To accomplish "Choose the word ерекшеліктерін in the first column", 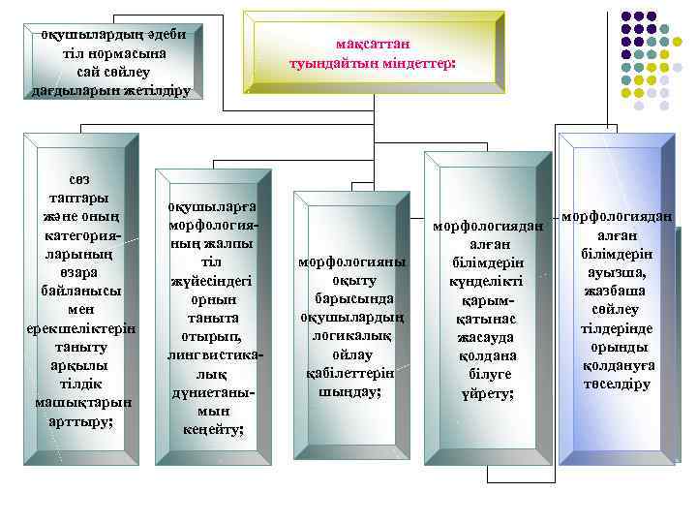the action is (x=80, y=328).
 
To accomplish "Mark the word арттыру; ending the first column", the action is (x=80, y=421).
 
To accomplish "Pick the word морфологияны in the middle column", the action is (x=351, y=262).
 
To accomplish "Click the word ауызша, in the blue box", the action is (x=617, y=273).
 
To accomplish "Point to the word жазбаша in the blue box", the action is (x=617, y=292).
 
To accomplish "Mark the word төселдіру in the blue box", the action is (x=617, y=384).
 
